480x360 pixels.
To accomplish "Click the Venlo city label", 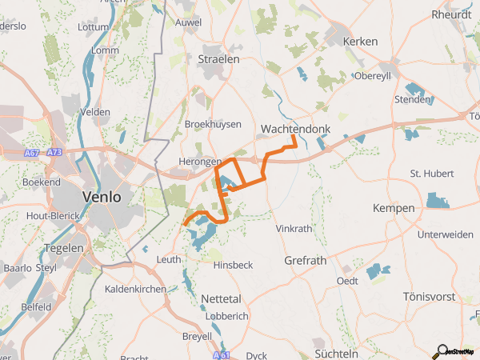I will click(x=102, y=196).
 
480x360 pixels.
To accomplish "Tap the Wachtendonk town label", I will click(x=291, y=129).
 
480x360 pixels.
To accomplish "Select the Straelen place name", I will click(x=218, y=59).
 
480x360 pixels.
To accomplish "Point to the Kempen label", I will click(x=394, y=208).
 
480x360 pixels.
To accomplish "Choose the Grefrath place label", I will click(x=305, y=261).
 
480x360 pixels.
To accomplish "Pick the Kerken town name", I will click(x=359, y=41).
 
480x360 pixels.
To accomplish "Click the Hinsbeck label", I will click(x=233, y=265).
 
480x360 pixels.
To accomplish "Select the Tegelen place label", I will click(x=65, y=248).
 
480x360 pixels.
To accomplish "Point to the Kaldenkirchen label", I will click(x=135, y=289).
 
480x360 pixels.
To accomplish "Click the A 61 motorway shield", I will click(x=223, y=354).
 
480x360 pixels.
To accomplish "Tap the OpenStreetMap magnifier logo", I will click(x=439, y=350).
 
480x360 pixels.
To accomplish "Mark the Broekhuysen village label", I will click(x=212, y=125).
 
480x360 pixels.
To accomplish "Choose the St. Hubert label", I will click(x=432, y=173).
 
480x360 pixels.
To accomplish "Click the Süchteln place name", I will click(x=336, y=353).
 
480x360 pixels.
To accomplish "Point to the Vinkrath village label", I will click(x=294, y=229).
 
